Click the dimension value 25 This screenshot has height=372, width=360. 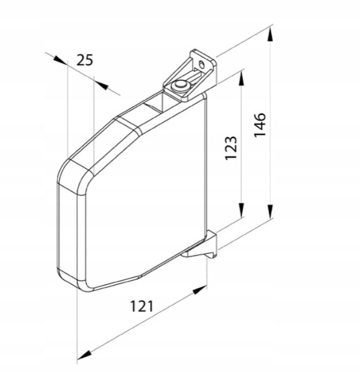click(x=85, y=60)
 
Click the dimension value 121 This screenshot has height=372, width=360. click(x=142, y=306)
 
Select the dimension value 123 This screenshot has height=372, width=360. click(x=231, y=148)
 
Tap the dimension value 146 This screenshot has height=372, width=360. click(x=260, y=125)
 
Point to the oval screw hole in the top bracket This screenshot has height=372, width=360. click(x=201, y=64)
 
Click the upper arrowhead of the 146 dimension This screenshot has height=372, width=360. click(x=270, y=34)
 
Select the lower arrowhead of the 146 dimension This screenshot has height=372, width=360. click(x=270, y=212)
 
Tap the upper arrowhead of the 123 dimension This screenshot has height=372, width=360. click(x=241, y=79)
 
